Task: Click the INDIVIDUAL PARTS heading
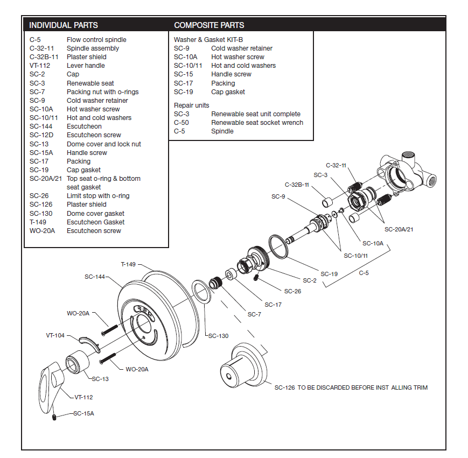click(x=63, y=25)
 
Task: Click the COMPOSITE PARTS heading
click(x=209, y=25)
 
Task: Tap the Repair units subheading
click(x=191, y=105)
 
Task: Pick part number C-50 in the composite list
click(x=181, y=123)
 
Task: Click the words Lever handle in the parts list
click(x=86, y=66)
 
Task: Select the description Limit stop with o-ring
click(x=98, y=196)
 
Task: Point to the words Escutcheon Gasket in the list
click(x=95, y=222)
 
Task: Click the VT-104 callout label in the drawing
click(x=55, y=335)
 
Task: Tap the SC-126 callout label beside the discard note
click(x=284, y=387)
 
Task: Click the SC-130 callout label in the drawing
click(x=218, y=336)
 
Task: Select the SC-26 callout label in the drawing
click(x=293, y=291)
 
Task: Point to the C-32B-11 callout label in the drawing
click(x=297, y=185)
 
